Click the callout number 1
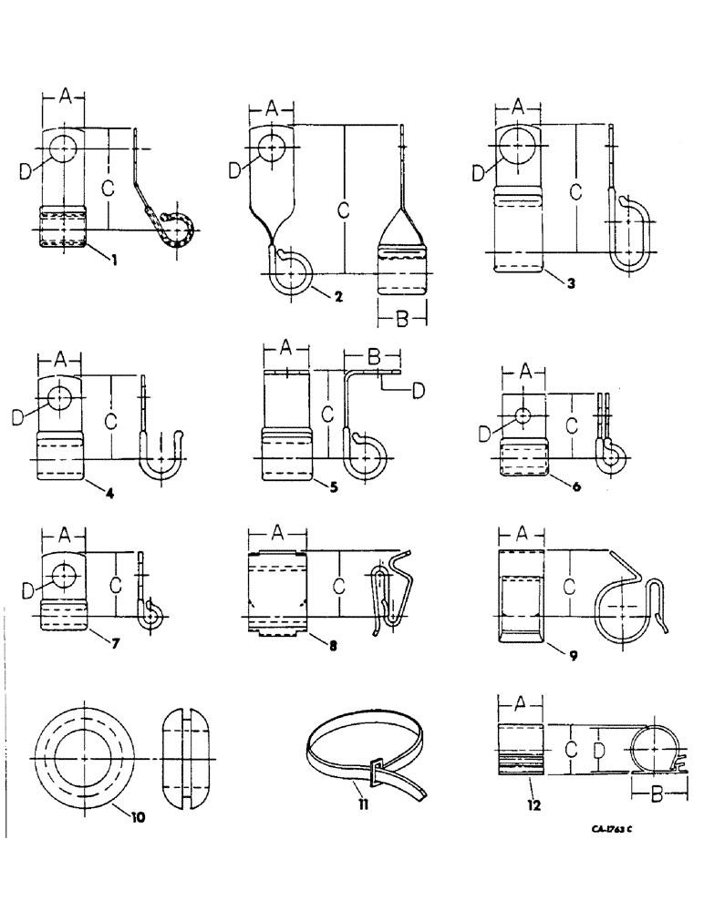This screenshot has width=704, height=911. pyautogui.click(x=115, y=262)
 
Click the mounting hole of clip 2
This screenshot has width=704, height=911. pyautogui.click(x=270, y=146)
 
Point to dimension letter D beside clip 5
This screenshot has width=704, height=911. pyautogui.click(x=418, y=391)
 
